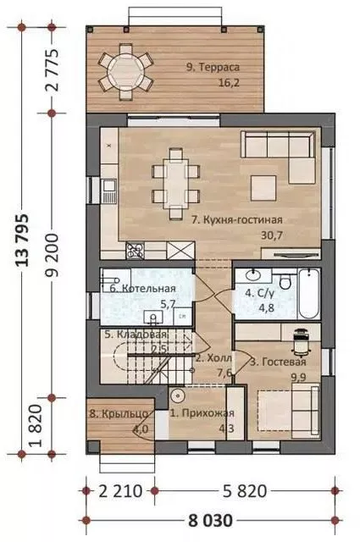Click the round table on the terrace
tap(126, 72)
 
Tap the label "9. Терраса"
tap(213, 67)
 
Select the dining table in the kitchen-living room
tap(176, 184)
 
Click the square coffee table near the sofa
tap(263, 188)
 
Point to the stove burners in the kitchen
tap(136, 251)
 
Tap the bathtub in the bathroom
tap(309, 294)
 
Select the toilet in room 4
tap(285, 281)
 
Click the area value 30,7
tap(272, 235)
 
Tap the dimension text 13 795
tap(22, 241)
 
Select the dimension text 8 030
tap(210, 521)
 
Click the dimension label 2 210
tap(120, 491)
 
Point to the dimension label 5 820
tap(245, 491)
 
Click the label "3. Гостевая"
tap(278, 362)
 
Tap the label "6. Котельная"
tap(142, 288)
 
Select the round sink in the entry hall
tap(177, 395)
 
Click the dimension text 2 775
tap(52, 70)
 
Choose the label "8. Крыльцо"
tap(119, 413)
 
